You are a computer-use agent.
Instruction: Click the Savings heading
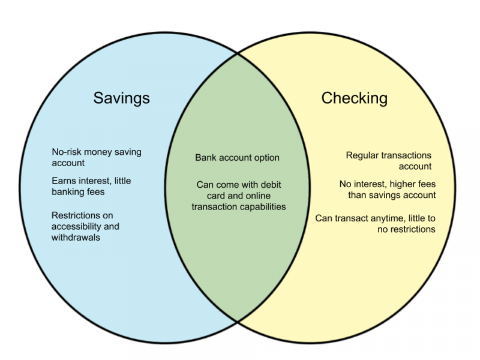[122, 98]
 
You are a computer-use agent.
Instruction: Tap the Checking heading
[355, 98]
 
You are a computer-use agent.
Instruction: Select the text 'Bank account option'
[237, 158]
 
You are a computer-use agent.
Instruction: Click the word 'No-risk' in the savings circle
[66, 152]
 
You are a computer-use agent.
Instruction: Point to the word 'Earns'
[62, 181]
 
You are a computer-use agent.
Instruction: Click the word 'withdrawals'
[76, 238]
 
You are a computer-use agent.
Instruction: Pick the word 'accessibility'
[76, 227]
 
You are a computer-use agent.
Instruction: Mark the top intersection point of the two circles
[238, 53]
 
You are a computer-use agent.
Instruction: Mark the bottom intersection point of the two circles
[238, 322]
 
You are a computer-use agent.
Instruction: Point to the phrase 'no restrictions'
[406, 230]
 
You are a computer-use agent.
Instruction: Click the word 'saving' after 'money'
[128, 152]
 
